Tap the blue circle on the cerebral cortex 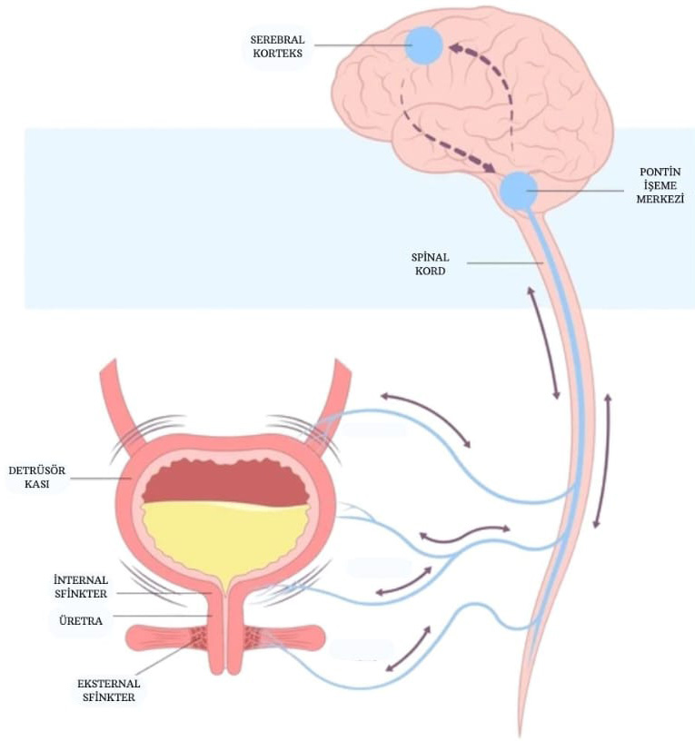pos(423,45)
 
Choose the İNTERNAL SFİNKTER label pos(81,587)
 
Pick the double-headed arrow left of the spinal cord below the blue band pos(542,343)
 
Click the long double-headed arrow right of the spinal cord pos(602,460)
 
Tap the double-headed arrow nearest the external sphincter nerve pos(408,647)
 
